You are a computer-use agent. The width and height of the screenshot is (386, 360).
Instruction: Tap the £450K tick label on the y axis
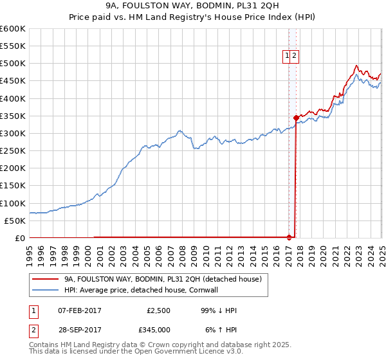click(13, 81)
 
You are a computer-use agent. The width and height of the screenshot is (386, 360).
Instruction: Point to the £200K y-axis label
click(13, 168)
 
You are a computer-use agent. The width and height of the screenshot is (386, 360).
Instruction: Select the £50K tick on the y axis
click(15, 221)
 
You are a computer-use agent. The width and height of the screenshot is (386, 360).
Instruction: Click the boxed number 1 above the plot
click(286, 56)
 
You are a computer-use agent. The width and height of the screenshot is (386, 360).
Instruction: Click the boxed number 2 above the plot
click(294, 56)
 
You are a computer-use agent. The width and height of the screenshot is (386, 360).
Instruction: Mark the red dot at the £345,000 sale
click(296, 118)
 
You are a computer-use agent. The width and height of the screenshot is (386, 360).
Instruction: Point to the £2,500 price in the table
click(158, 310)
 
